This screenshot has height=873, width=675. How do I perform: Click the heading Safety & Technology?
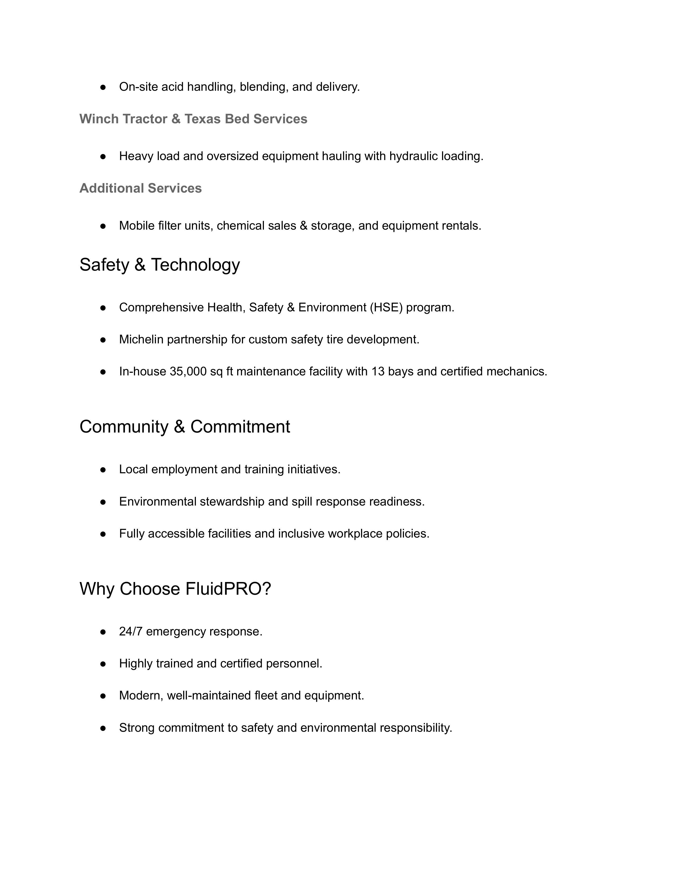[x=160, y=265]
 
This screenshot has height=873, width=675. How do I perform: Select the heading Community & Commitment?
[x=185, y=426]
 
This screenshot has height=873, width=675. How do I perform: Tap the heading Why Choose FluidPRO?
[x=175, y=589]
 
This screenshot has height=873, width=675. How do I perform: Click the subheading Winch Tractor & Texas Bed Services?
[x=193, y=119]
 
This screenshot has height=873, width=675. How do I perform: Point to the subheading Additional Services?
[x=140, y=188]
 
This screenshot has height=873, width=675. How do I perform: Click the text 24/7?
[x=131, y=631]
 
